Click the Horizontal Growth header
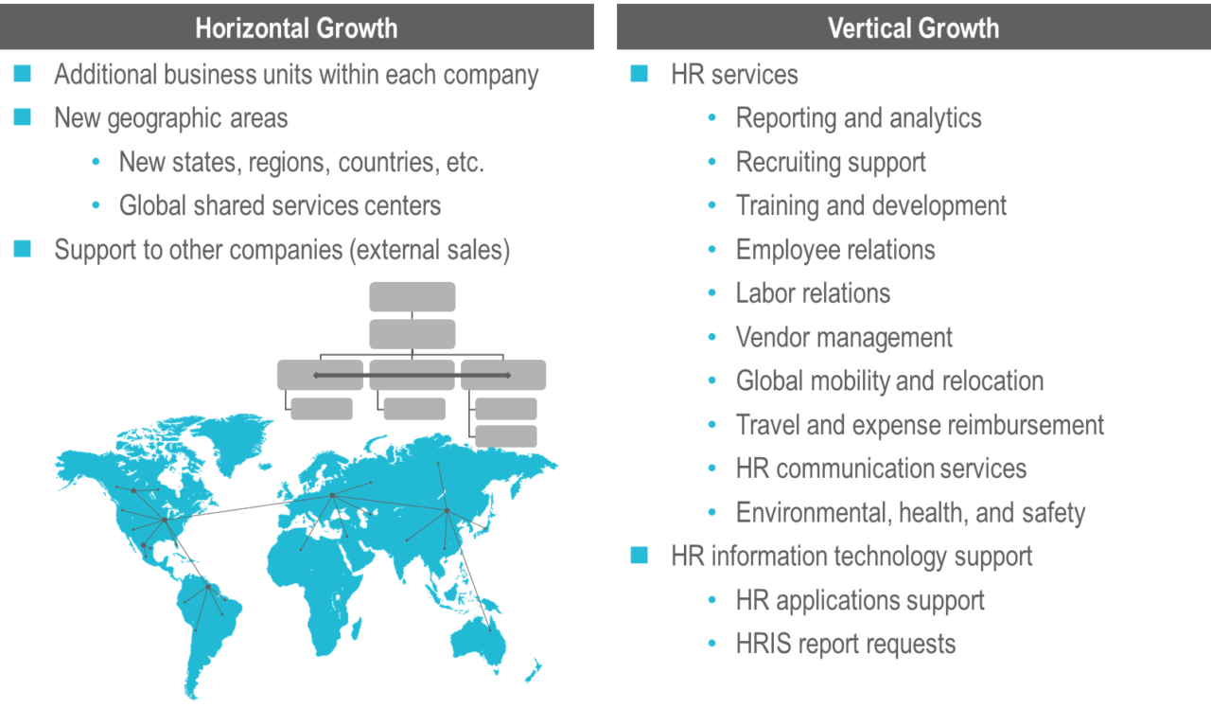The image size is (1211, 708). (296, 27)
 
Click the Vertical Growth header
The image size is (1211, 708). (913, 27)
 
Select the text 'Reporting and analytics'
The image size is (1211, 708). (858, 118)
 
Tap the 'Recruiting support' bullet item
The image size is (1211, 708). (831, 162)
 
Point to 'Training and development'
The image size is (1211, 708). (871, 205)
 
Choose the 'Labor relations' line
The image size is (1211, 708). (813, 292)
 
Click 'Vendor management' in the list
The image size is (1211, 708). (844, 337)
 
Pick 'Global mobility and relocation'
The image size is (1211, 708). (889, 381)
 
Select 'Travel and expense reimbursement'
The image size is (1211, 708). (920, 425)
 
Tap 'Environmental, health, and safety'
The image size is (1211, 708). (910, 513)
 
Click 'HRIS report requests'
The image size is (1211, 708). (846, 644)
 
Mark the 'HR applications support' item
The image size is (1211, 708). (860, 600)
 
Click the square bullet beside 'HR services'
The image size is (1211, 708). (640, 74)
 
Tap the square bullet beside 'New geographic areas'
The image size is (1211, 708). (23, 117)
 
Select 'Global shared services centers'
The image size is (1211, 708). (280, 205)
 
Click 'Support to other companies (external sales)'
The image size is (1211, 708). (282, 250)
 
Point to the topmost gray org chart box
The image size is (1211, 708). (412, 296)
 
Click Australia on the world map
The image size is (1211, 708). (497, 629)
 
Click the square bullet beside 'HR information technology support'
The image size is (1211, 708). (640, 556)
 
